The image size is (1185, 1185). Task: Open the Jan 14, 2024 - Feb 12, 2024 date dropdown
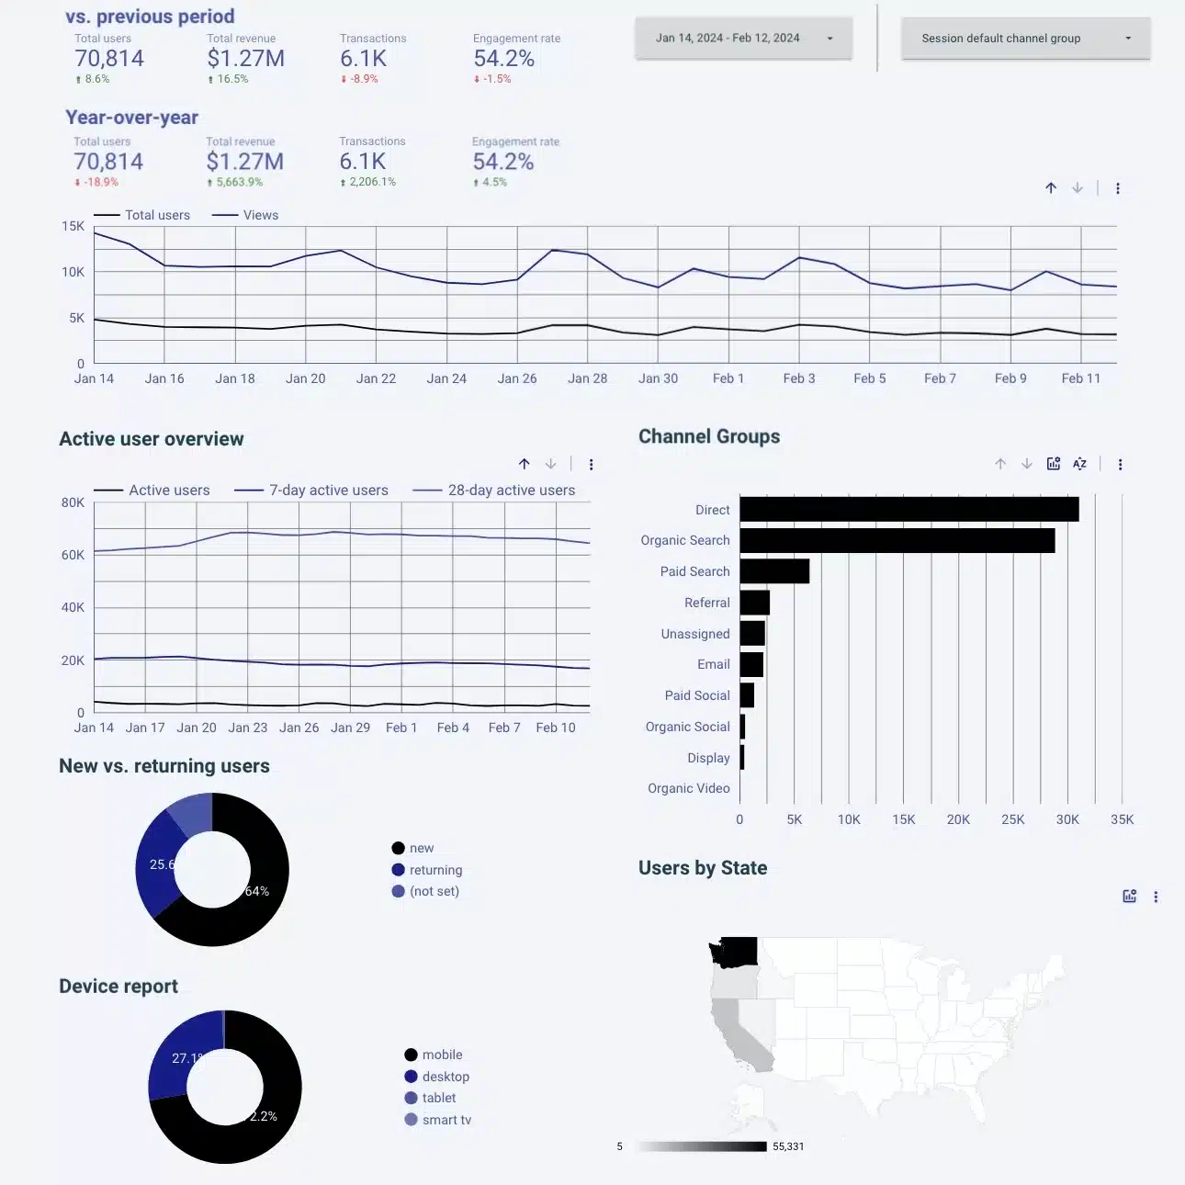(743, 39)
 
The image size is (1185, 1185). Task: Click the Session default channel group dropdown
(1025, 39)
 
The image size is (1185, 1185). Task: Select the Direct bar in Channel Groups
(908, 509)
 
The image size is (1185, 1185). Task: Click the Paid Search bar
(774, 571)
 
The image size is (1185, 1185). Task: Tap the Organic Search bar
(897, 540)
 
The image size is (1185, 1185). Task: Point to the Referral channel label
(706, 603)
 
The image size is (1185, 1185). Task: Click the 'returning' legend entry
(434, 870)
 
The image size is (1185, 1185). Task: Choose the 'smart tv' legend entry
(446, 1120)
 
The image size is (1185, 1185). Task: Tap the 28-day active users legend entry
(511, 491)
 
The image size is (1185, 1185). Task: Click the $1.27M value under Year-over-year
(244, 162)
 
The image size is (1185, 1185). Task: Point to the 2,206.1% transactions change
(372, 182)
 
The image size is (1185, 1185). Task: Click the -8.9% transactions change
(364, 79)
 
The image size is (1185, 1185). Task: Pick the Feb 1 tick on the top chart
(728, 378)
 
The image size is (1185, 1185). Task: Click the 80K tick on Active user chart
(73, 502)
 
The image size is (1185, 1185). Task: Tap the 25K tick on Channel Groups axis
(1012, 819)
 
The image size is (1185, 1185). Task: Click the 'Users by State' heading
(702, 868)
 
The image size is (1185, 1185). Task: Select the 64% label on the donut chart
(257, 891)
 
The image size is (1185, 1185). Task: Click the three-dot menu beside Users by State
(1156, 897)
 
